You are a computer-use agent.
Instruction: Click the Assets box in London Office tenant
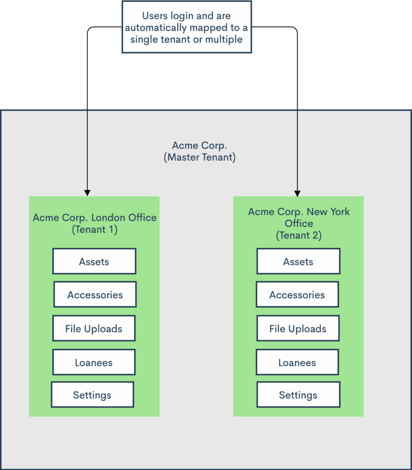[94, 262]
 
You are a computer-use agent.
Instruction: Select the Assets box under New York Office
[298, 262]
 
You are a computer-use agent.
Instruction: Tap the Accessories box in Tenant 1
[95, 295]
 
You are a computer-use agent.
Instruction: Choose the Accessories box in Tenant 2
[297, 295]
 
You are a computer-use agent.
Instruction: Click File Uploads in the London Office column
[94, 329]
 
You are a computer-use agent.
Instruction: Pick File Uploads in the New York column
[298, 329]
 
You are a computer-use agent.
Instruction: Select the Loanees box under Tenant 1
[94, 363]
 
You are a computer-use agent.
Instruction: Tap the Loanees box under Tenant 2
[297, 363]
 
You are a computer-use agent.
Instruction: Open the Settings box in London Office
[92, 395]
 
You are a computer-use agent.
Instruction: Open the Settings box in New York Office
[298, 395]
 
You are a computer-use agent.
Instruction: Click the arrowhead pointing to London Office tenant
[87, 192]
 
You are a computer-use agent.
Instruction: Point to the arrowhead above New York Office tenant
[297, 192]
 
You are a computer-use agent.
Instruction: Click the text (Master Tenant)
[199, 157]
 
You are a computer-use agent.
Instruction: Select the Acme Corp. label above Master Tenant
[199, 145]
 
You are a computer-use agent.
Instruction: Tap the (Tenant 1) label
[95, 229]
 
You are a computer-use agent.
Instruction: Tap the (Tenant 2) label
[299, 235]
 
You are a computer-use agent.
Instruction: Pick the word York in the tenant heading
[339, 212]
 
